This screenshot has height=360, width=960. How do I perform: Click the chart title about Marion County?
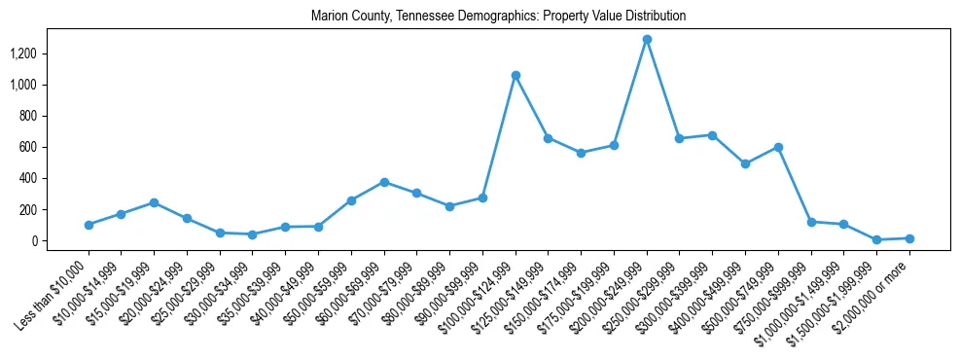pos(498,17)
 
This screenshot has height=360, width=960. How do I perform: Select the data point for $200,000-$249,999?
pos(647,40)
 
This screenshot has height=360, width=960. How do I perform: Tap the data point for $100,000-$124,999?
pos(516,75)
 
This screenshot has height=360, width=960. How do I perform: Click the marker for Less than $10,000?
pos(89,225)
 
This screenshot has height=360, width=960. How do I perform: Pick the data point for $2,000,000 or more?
pos(909,238)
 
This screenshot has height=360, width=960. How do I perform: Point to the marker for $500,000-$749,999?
pos(778,147)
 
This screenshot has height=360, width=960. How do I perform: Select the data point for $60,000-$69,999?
pos(384,182)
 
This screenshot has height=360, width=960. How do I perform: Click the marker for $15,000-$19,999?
pos(154,202)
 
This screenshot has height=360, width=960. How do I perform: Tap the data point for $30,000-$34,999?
pos(253,234)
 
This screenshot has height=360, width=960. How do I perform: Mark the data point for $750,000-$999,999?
pos(811,222)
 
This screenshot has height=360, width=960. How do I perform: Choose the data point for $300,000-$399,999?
pos(712,135)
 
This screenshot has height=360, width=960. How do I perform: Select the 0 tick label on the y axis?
pos(49,240)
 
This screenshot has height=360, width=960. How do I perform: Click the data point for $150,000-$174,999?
pos(581,153)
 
